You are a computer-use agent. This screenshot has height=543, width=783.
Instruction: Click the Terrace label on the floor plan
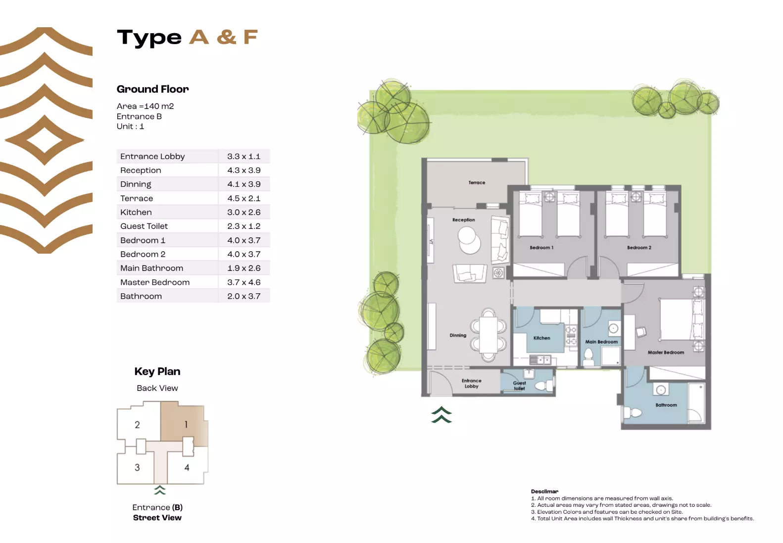pos(477,183)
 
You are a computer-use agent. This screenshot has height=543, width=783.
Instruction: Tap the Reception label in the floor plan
pos(463,220)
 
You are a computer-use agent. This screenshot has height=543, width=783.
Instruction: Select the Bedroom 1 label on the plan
pos(541,248)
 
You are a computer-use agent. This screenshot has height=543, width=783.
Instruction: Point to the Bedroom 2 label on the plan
pos(639,248)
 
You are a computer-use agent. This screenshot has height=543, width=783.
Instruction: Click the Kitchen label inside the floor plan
pos(541,338)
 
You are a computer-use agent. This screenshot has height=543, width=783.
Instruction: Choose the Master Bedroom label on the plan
pos(666,353)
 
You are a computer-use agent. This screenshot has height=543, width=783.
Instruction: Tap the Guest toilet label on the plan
pos(519,385)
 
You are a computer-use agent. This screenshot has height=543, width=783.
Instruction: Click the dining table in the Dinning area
pos(489,334)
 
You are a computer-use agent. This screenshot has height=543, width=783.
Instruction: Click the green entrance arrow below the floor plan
pos(441,415)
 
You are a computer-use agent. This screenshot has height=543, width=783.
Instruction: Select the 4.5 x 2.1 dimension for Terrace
pos(244,198)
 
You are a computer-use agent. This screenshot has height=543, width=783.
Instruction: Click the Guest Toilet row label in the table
pos(144,226)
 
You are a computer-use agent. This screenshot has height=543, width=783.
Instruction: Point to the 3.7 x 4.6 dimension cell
pos(244,282)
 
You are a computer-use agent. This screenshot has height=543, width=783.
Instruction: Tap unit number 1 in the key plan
pos(186,425)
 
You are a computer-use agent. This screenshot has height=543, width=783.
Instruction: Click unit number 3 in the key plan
pos(137,467)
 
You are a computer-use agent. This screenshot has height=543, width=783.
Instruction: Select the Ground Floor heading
pos(152,89)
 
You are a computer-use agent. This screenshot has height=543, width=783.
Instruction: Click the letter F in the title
pos(250,37)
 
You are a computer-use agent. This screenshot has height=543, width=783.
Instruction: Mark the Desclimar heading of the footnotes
pos(544,491)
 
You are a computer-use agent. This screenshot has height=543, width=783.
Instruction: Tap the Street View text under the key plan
pos(157,518)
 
